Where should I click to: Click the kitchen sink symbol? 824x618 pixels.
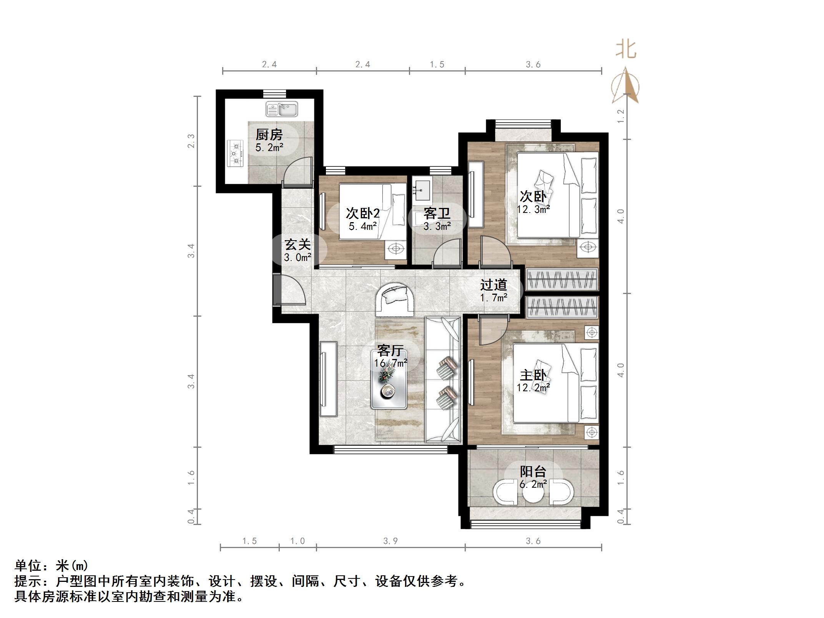(x=282, y=109)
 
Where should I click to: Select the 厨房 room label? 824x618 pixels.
(x=269, y=135)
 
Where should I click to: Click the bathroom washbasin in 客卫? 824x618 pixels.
(x=422, y=189)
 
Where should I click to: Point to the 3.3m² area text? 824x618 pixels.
(x=437, y=226)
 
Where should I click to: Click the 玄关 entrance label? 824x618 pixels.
(x=297, y=244)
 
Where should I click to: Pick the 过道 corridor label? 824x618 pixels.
(x=493, y=285)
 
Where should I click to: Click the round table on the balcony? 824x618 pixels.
(x=533, y=496)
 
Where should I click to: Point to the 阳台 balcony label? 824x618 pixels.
(x=533, y=472)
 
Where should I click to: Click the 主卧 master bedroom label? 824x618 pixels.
(x=533, y=375)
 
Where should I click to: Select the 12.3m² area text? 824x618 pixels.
(x=533, y=209)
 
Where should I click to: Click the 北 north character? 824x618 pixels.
(x=626, y=50)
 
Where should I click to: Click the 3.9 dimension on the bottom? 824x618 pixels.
(x=390, y=541)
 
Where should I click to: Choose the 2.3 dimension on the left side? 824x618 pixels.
(x=191, y=141)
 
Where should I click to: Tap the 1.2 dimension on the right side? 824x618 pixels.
(x=621, y=116)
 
